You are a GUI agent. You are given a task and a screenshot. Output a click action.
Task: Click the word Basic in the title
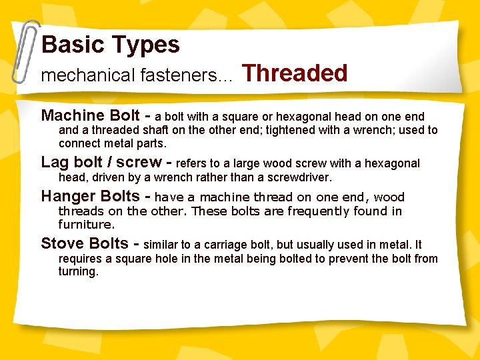pos(72,45)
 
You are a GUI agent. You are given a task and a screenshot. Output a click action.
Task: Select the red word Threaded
pos(295,73)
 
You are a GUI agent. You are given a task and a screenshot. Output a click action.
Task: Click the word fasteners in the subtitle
pos(177,76)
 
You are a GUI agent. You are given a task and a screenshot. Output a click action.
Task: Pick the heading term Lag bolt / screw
pos(101,162)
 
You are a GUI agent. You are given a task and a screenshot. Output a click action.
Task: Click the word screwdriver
pos(299,178)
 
